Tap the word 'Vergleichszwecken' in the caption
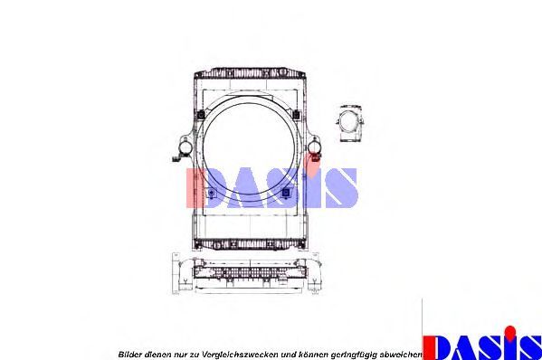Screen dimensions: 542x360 (240, 355)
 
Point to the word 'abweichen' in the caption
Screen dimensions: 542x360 (400, 355)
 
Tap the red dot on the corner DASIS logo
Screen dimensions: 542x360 (509, 331)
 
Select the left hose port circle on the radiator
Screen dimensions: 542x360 (185, 147)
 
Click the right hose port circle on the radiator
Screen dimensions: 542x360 (314, 147)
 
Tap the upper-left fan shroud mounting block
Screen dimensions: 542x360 (201, 114)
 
